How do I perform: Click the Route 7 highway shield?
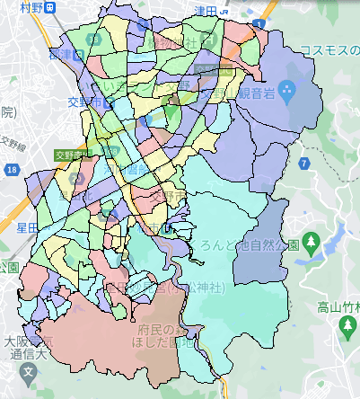click(305, 163)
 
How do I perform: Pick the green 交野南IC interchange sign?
click(69, 155)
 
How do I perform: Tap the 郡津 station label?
click(66, 54)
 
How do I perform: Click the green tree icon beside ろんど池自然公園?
click(312, 241)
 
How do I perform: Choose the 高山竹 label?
click(338, 307)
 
